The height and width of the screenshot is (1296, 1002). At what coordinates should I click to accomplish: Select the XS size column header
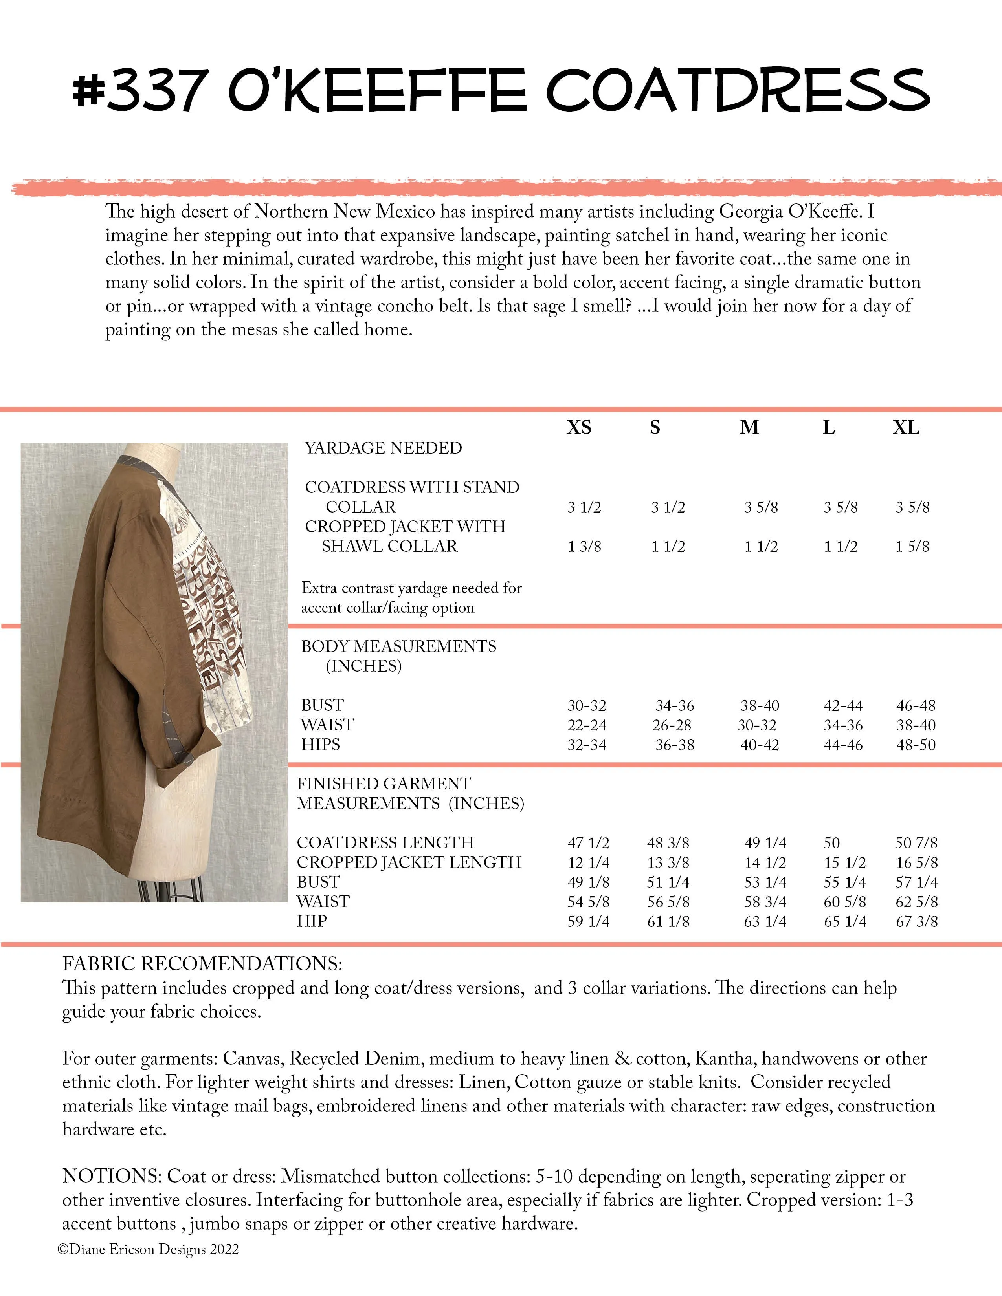pos(579,428)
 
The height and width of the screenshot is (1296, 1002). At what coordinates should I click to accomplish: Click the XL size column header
pos(906,428)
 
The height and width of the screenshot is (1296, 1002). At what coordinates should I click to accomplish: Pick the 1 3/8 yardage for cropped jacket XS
pos(584,547)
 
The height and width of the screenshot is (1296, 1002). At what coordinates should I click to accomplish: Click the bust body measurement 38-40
pos(759,706)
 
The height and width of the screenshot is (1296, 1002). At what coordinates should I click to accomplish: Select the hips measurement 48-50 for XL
pos(915,745)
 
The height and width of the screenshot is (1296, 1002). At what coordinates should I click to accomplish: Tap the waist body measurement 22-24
pos(587,725)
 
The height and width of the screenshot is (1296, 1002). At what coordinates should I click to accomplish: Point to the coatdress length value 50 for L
pos(831,843)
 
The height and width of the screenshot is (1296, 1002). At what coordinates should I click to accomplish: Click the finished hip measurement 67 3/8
pos(916,922)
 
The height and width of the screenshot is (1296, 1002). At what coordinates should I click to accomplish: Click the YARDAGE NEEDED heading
pos(383,448)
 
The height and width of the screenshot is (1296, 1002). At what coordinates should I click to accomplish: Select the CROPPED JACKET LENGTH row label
pos(408,862)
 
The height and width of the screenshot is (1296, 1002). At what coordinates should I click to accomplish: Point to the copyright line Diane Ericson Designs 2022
pos(149,1249)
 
